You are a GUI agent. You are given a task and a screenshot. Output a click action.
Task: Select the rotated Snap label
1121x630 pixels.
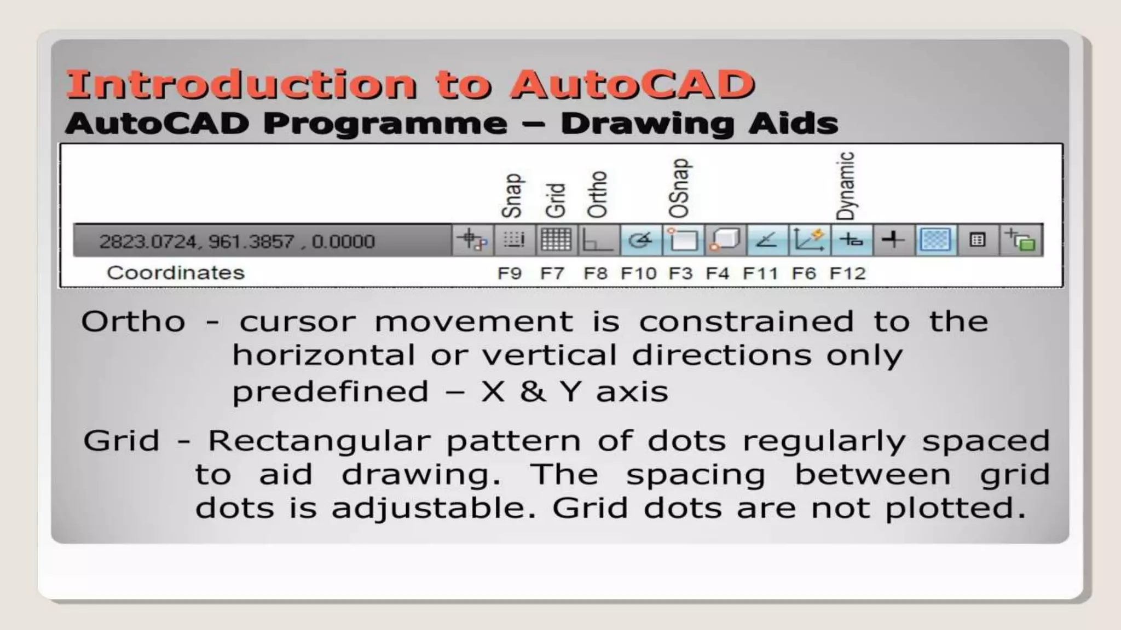click(512, 196)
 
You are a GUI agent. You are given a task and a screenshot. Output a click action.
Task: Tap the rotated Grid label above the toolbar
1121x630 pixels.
click(555, 200)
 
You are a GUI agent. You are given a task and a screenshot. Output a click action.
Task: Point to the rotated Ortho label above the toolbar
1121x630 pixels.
click(597, 194)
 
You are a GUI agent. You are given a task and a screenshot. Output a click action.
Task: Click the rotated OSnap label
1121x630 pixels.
click(679, 188)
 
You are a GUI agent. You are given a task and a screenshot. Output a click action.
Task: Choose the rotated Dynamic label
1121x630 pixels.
click(846, 185)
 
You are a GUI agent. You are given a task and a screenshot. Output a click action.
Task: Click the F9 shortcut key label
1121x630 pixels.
click(509, 273)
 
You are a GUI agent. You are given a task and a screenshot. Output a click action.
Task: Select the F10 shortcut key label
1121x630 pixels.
click(638, 273)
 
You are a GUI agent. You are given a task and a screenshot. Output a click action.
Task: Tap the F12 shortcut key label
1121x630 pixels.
click(847, 273)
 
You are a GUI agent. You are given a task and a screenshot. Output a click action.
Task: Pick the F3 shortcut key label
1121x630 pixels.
click(680, 273)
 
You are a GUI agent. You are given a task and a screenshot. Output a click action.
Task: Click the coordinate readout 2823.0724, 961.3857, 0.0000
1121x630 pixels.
click(237, 241)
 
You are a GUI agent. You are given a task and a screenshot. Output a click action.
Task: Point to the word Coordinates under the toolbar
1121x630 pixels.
click(175, 272)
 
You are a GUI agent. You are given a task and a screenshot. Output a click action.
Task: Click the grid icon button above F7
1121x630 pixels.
click(556, 240)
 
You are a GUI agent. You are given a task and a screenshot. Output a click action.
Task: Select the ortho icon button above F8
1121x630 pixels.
click(598, 240)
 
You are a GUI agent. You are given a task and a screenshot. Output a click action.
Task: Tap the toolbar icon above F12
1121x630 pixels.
click(851, 240)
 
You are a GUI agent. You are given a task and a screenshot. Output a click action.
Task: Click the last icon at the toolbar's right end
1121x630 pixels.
click(1020, 240)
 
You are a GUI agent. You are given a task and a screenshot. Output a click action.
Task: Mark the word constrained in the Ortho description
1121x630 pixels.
click(746, 321)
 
